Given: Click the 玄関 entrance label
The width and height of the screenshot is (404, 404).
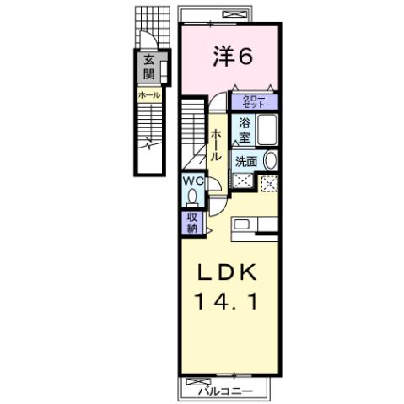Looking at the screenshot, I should pos(148,67).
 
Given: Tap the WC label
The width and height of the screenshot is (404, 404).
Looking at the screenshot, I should pos(191,180).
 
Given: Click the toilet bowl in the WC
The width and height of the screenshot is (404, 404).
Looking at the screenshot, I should pos(193,197).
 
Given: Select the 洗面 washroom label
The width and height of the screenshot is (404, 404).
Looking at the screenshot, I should pos(246,161).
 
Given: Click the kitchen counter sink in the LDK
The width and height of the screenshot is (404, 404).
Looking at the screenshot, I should pos(241,224).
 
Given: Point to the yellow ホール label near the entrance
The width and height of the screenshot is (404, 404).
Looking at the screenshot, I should pos(149,95).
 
